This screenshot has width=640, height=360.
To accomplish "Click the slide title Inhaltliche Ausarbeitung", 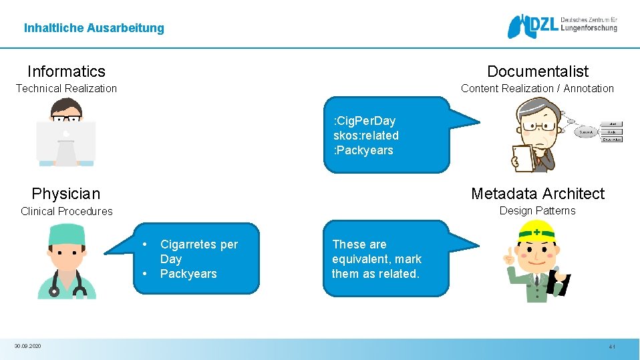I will (x=94, y=28).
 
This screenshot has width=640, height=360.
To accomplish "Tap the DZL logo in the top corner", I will (x=561, y=26).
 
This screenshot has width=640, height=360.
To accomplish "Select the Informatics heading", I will (x=66, y=71).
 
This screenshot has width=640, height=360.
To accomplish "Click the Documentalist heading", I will (x=538, y=71).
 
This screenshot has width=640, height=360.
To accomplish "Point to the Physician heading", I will (x=65, y=194).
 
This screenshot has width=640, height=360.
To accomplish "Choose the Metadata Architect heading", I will (x=537, y=194).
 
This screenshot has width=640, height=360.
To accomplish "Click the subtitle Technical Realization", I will (x=66, y=88).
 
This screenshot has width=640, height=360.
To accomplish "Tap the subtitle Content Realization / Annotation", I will (x=537, y=88).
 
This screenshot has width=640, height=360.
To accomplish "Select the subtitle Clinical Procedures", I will (x=66, y=211).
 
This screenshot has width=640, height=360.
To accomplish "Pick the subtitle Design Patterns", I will (x=537, y=211).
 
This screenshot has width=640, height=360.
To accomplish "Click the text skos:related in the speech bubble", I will (x=365, y=136).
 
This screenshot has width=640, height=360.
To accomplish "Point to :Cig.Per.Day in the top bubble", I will (x=364, y=121).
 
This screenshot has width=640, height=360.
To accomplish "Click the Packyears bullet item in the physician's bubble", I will (x=188, y=274).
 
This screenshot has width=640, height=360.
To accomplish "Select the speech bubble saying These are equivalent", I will (x=385, y=259).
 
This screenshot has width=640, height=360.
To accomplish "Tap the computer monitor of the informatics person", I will (x=65, y=140).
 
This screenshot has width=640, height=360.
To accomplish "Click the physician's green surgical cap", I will (x=65, y=230).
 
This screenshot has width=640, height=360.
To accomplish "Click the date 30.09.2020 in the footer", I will (x=27, y=346).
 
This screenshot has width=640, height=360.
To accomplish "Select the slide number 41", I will (x=611, y=347).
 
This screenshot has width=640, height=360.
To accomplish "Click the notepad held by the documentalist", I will (x=524, y=158).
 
